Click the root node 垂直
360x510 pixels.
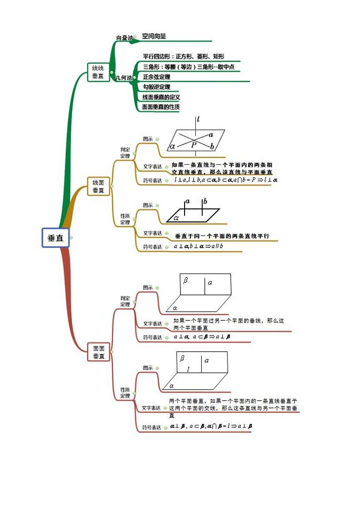[x=55, y=237]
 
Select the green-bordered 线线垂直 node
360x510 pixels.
[x=98, y=72]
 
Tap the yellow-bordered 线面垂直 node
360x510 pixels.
[x=98, y=186]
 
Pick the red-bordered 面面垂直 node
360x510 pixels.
[x=99, y=352]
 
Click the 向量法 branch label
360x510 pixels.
[x=124, y=38]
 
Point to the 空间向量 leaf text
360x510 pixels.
[x=154, y=36]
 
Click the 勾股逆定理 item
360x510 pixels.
[x=156, y=87]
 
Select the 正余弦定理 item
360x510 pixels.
[x=156, y=77]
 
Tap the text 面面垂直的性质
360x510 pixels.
[x=161, y=107]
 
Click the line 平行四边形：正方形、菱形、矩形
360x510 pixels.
[x=183, y=57]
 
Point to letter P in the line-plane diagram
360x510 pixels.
[x=194, y=145]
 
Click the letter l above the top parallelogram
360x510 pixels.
[x=198, y=119]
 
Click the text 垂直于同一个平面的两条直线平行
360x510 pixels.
[x=222, y=236]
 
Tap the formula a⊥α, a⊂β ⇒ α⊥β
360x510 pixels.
[x=202, y=337]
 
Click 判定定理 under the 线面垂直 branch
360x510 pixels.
[x=125, y=152]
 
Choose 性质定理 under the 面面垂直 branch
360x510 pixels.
[x=125, y=392]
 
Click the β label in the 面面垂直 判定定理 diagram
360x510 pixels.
[x=185, y=280]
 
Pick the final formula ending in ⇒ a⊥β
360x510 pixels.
[x=211, y=427]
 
